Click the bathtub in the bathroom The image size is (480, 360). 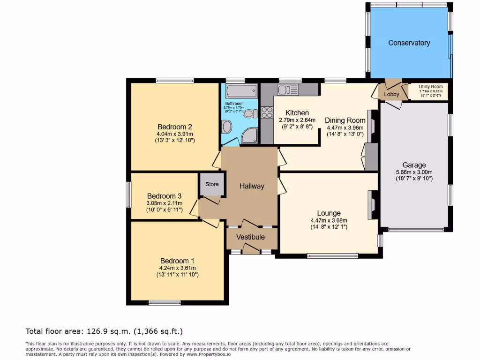coord(241,90)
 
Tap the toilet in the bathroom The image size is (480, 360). coord(249,113)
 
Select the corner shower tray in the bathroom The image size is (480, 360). coord(250,135)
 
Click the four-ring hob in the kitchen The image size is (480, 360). coord(267,112)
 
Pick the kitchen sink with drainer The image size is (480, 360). coord(287,89)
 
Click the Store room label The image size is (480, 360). coord(212,184)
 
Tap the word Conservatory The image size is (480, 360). coord(409,43)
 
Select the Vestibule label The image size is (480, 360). coord(250,237)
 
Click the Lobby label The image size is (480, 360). coord(391,94)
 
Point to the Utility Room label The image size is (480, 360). coord(430,87)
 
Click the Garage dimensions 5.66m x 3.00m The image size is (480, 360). coord(414,172)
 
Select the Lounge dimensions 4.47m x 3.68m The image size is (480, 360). coord(328,220)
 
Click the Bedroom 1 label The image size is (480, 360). coord(177,261)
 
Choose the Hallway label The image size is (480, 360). coord(252,186)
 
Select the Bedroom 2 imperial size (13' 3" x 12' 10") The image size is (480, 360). coord(175,140)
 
